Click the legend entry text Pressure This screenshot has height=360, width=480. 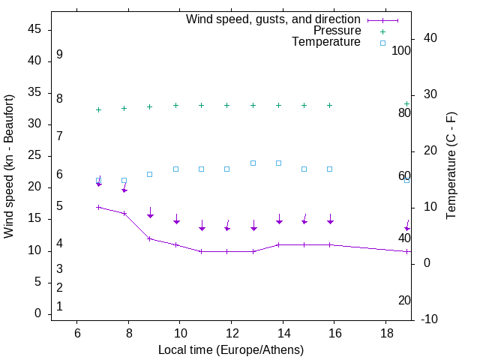pyautogui.click(x=337, y=31)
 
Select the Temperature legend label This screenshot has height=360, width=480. pyautogui.click(x=326, y=43)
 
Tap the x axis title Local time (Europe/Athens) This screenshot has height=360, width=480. pyautogui.click(x=231, y=349)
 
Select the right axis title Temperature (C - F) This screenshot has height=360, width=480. pyautogui.click(x=451, y=166)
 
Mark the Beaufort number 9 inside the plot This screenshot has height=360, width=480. pyautogui.click(x=59, y=55)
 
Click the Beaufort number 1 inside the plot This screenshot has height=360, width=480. pyautogui.click(x=59, y=306)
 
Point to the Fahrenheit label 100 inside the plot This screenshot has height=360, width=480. pyautogui.click(x=402, y=51)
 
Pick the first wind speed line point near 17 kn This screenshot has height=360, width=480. pyautogui.click(x=98, y=207)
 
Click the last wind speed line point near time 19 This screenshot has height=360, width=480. pyautogui.click(x=406, y=251)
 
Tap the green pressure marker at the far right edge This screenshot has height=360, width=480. pyautogui.click(x=406, y=103)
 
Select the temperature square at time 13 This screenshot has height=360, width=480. pyautogui.click(x=253, y=163)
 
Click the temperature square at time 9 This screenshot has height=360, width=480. pyautogui.click(x=150, y=174)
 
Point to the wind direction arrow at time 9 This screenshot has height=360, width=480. pyautogui.click(x=150, y=213)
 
